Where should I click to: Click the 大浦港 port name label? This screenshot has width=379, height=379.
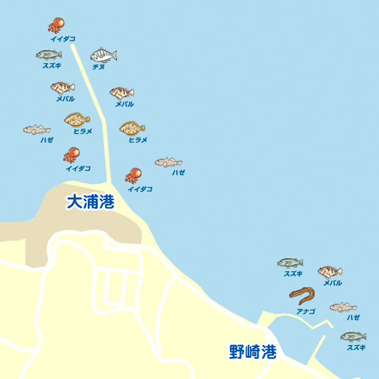pos(90,202)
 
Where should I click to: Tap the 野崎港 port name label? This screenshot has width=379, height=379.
pos(253,352)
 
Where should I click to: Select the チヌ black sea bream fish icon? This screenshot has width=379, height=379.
pos(103,55)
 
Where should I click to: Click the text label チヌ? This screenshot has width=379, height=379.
pos(98,66)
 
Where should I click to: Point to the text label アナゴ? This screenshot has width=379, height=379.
pos(306,311)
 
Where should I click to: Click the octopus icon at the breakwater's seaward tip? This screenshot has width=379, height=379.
pos(56,25)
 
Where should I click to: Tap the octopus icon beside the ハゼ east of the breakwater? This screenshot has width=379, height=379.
pos(134,176)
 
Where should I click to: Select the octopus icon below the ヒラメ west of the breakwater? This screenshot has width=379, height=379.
pos(71,155)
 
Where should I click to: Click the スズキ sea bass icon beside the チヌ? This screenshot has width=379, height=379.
pos(49,55)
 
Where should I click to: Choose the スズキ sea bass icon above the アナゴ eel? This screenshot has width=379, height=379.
pos(290,263)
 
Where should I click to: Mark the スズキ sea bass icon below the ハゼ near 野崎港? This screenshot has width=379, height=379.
pos(353,336)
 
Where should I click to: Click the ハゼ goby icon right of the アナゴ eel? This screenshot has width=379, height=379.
pos(343,307)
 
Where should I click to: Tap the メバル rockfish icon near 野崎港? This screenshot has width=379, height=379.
pos(330,271)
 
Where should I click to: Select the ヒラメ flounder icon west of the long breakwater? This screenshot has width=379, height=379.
pos(77,120)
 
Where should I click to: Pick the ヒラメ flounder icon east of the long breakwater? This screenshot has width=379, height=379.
pos(132,128)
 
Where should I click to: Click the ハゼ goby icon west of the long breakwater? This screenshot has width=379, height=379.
pos(37,130)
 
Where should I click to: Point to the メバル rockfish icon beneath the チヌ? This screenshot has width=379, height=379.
pos(122,92)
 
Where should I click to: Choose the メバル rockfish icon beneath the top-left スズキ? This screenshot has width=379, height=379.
pos(63,87)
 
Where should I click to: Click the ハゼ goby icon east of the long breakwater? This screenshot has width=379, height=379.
pos(169,162)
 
